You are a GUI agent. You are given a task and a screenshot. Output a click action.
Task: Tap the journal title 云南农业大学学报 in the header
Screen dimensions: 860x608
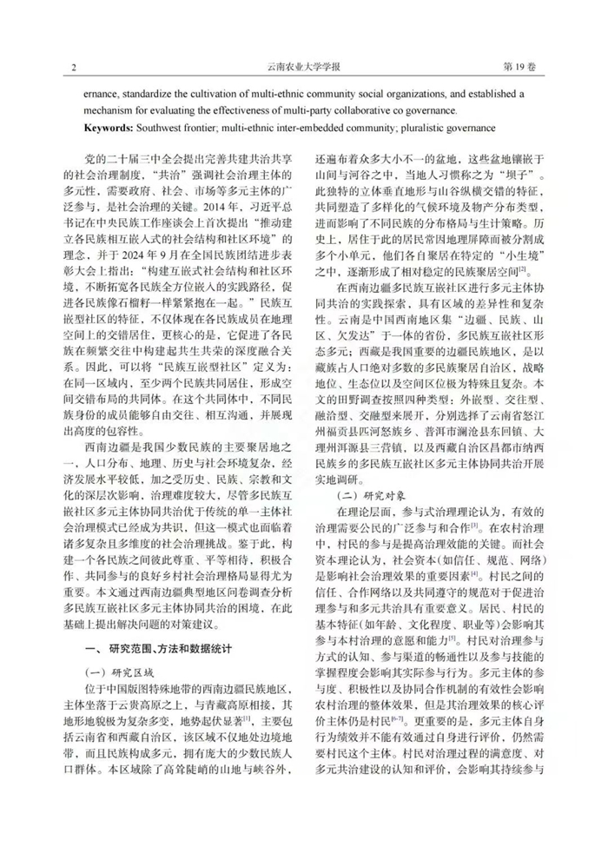pos(303,68)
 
